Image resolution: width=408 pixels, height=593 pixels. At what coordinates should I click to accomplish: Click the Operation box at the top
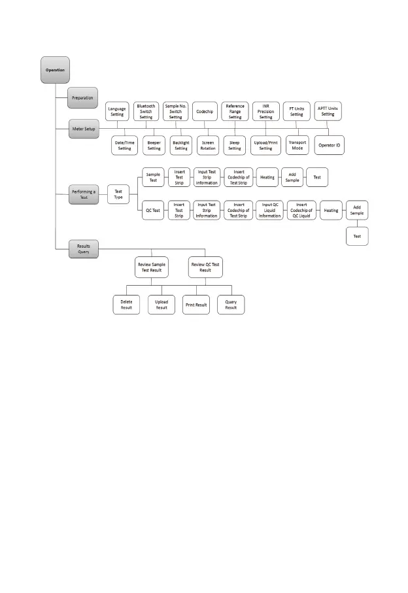point(55,69)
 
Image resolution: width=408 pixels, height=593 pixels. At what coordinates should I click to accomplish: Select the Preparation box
point(82,97)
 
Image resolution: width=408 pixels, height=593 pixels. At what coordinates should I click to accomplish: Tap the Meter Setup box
point(83,129)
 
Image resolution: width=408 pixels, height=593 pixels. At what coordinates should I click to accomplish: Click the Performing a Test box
point(83,194)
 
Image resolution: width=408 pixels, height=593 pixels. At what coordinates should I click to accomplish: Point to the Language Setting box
point(117,111)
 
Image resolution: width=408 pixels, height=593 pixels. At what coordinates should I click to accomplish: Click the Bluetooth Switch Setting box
point(146,111)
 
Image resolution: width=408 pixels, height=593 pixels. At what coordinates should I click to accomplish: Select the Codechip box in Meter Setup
point(205,112)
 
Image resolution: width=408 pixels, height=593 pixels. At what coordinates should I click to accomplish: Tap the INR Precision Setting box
point(266,111)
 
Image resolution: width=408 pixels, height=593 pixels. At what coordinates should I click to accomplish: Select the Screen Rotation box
point(207,145)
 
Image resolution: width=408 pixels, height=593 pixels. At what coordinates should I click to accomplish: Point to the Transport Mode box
point(297,145)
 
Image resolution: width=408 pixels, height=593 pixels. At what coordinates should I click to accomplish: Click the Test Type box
point(118,194)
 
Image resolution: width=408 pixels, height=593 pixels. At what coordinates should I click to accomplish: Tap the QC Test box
point(153,211)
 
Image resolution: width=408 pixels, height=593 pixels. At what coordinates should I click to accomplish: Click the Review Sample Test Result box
point(151,267)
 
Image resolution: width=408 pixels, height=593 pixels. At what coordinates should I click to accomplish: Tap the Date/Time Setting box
point(124,145)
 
